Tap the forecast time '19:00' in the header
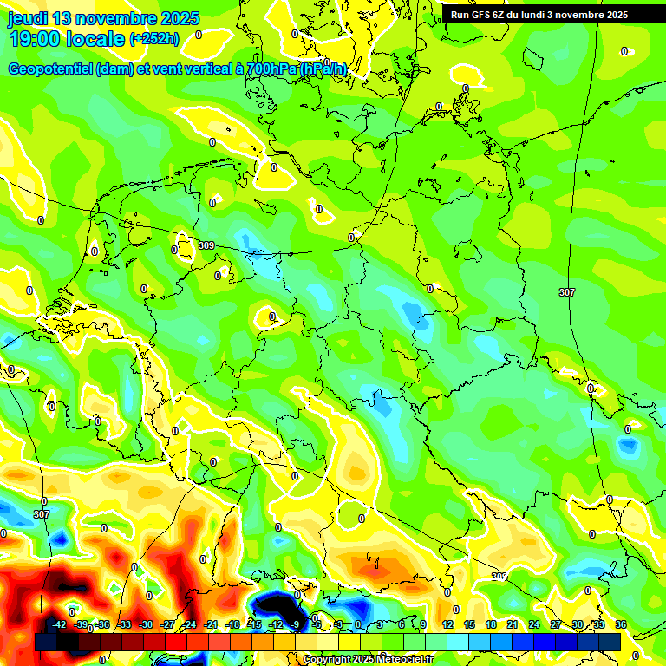pos(30,38)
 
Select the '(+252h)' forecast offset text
pos(154,39)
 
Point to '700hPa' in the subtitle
pos(271,69)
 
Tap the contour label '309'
pos(206,246)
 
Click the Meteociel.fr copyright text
pos(368,659)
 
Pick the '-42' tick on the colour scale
pos(59,625)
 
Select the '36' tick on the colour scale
pos(621,625)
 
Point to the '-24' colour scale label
pos(189,625)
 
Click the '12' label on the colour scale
pos(447,625)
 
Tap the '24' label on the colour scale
pos(534,625)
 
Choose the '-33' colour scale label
pos(124,625)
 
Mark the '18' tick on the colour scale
pos(491,625)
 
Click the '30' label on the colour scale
pos(578,625)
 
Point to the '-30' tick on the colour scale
pos(146,625)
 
